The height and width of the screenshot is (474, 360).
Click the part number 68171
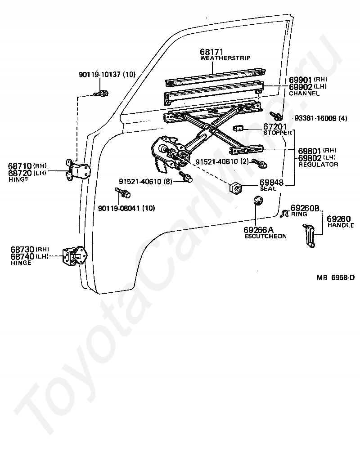[212, 53]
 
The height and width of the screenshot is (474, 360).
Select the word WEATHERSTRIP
[225, 58]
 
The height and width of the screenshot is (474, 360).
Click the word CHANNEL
[304, 94]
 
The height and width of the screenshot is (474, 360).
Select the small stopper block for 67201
[238, 129]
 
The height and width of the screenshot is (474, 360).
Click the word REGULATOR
[318, 165]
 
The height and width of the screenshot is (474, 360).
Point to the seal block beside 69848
[235, 187]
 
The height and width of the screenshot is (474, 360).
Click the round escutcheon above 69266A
[258, 201]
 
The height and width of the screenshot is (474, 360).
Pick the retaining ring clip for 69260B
[284, 214]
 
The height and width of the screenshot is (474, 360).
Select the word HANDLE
[341, 225]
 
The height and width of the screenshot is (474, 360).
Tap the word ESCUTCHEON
[265, 236]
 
